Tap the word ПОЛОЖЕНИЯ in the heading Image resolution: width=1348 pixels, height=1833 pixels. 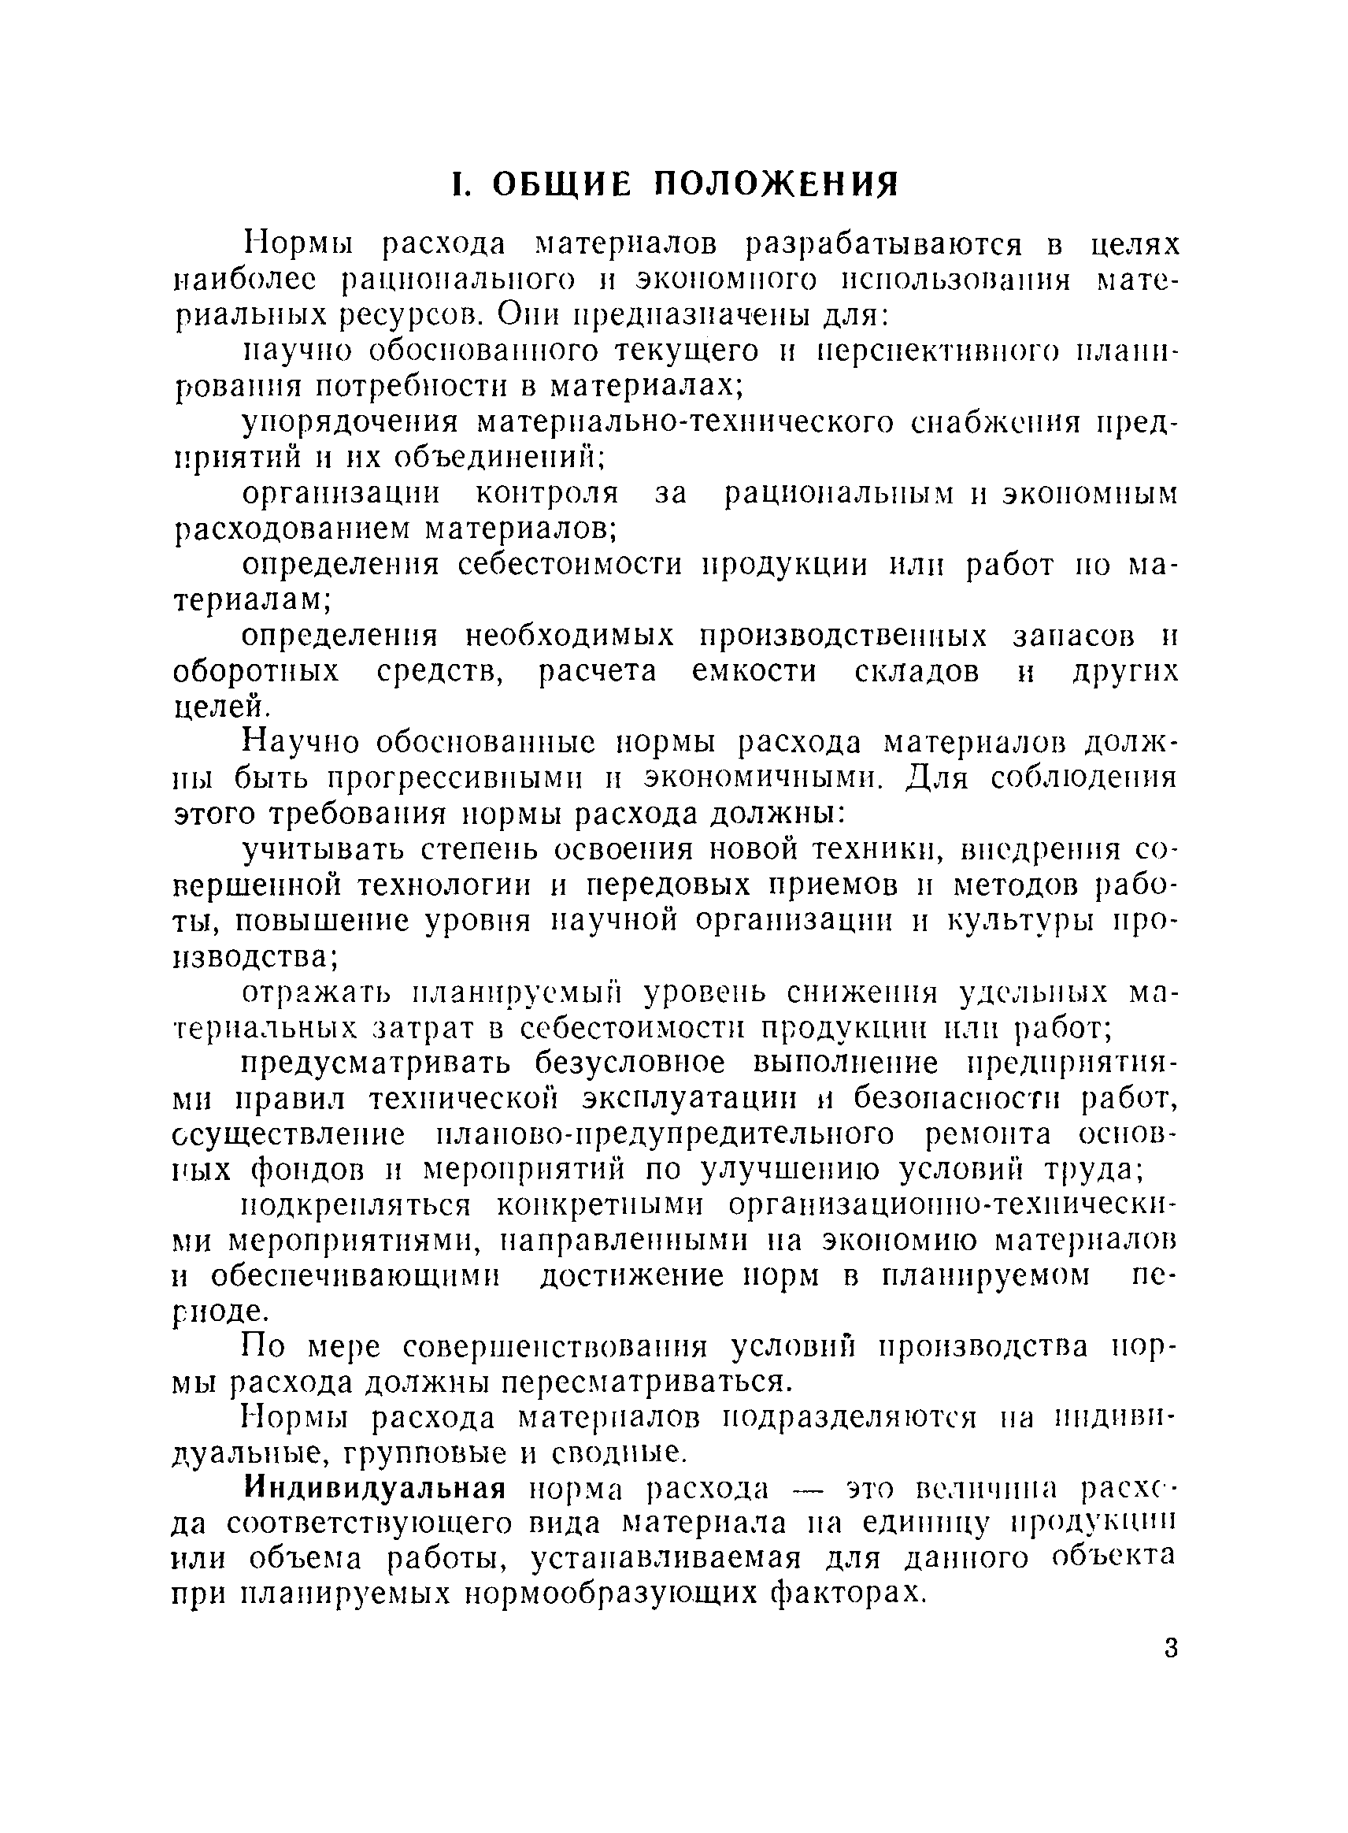pyautogui.click(x=778, y=184)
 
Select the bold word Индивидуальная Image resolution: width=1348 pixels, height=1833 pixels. pyautogui.click(x=375, y=1488)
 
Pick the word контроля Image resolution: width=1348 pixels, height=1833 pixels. pyautogui.click(x=546, y=493)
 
